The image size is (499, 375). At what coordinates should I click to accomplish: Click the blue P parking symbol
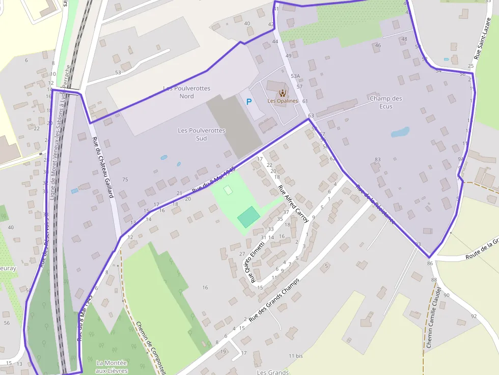(249, 102)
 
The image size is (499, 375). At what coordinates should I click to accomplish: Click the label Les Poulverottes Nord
(186, 92)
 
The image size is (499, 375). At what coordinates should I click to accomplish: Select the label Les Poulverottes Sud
(202, 134)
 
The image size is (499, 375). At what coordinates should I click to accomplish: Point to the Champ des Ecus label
(386, 102)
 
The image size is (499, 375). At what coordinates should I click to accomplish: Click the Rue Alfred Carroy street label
(293, 204)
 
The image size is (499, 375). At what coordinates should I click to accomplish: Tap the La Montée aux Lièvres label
(112, 366)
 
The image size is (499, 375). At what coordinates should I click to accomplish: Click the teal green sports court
(248, 217)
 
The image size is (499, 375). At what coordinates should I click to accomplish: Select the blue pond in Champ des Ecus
(400, 132)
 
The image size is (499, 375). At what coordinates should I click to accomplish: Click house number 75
(125, 180)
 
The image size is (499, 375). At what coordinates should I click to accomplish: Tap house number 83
(377, 160)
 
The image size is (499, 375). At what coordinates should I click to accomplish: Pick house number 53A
(296, 76)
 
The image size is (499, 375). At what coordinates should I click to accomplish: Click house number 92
(474, 316)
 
